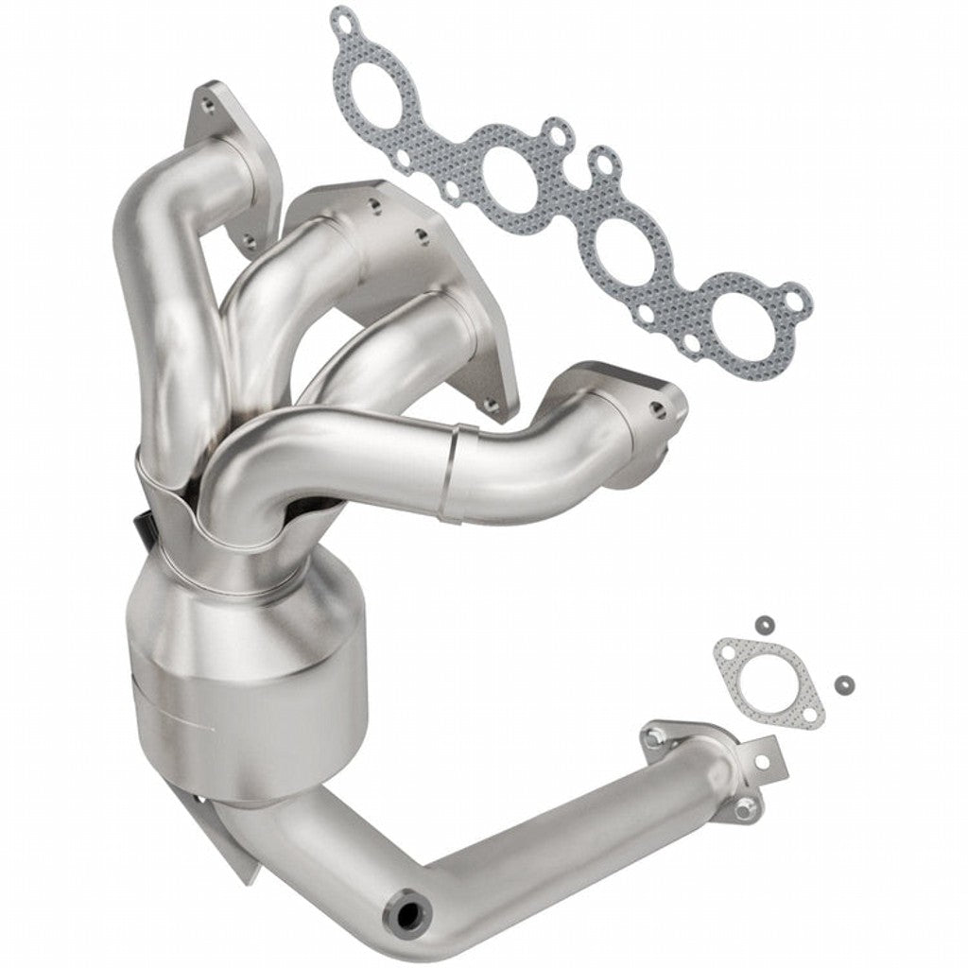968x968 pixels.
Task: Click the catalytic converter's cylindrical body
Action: click(x=248, y=681)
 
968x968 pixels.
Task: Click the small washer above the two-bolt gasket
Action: click(x=761, y=624)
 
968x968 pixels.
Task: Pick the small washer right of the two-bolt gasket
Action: click(x=842, y=683)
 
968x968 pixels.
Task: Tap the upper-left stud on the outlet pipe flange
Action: click(x=652, y=734)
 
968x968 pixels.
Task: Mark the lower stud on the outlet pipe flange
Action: click(x=747, y=805)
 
